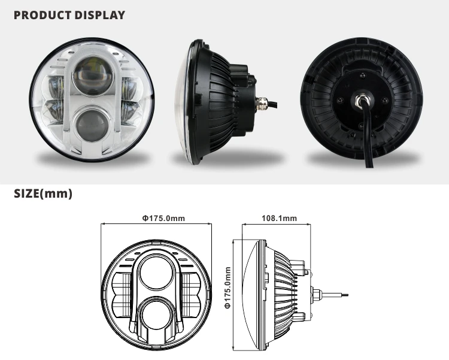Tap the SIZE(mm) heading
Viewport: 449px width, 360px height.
coord(43,194)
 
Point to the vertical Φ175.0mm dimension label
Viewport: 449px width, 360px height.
coord(228,288)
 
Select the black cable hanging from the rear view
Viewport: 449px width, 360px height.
coord(366,144)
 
